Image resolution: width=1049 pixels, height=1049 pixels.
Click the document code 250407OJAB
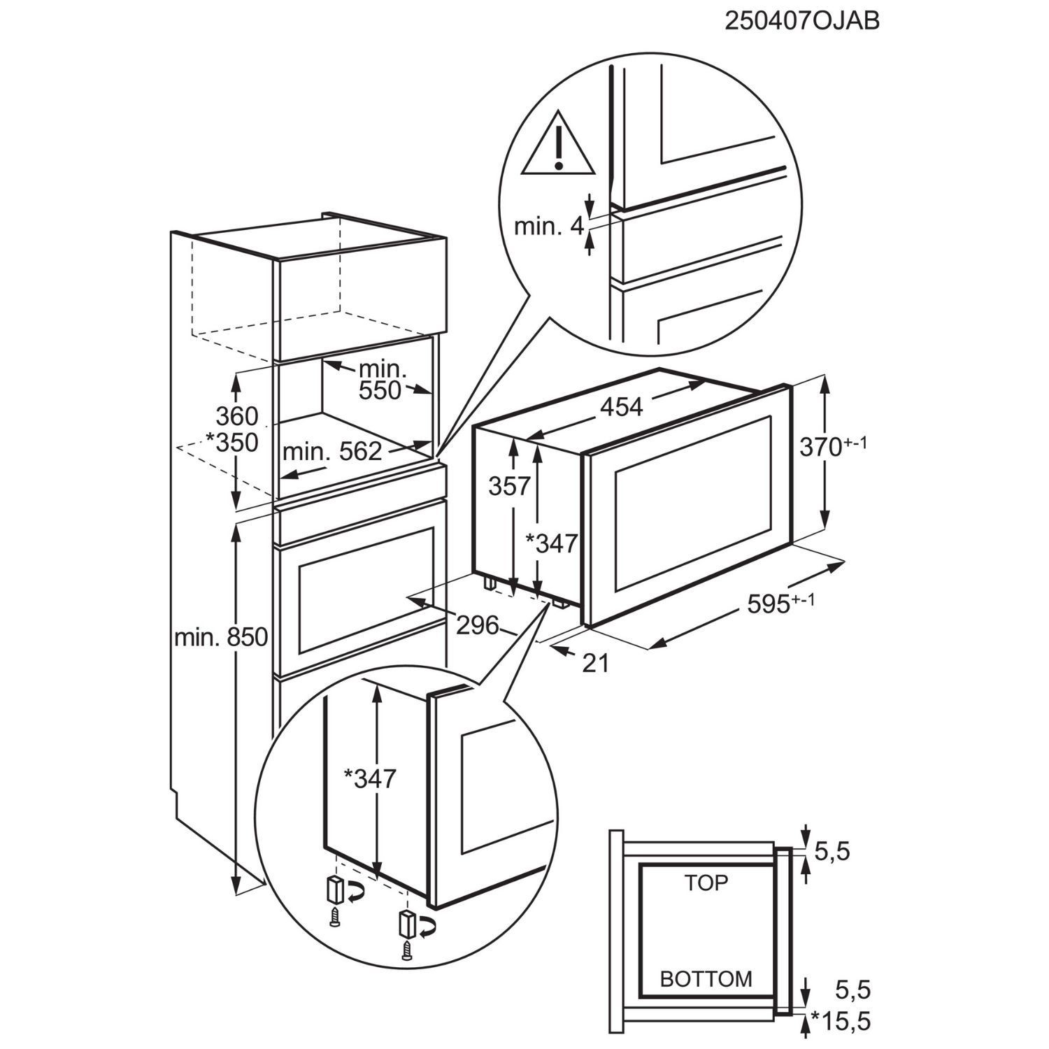801,22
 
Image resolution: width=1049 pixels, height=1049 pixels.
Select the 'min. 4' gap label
548,227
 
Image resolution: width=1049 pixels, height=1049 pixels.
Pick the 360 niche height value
237,417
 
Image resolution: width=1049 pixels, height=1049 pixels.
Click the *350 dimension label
232,443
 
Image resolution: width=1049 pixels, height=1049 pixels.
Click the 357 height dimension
510,485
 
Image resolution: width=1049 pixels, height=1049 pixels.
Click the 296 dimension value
478,625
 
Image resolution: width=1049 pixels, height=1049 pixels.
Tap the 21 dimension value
596,663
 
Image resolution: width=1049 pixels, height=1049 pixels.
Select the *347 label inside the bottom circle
370,778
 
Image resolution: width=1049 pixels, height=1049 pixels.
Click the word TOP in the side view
706,883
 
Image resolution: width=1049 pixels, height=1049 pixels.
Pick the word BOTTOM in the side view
706,979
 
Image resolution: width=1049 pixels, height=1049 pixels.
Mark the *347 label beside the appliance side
551,543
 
